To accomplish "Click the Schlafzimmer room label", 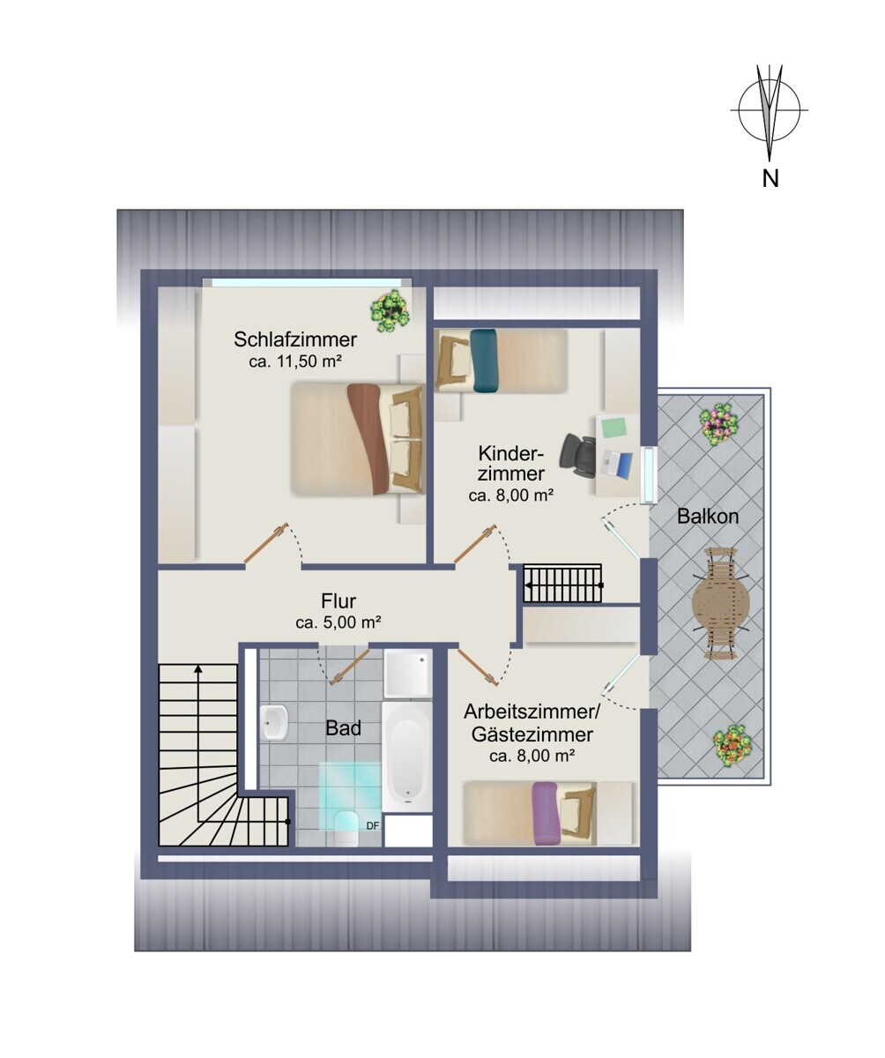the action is tap(295, 339).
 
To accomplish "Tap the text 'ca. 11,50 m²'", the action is tap(295, 361).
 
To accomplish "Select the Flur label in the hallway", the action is tap(338, 601).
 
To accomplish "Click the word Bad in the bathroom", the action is tap(344, 728).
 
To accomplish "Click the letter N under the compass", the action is tap(770, 178).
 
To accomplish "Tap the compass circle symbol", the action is tap(770, 109).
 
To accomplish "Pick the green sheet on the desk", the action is tap(614, 427).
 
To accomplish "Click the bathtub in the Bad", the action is tap(406, 757).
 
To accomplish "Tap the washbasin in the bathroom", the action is tap(275, 724).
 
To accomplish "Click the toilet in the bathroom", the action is tap(347, 828).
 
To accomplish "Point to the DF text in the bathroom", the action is tap(372, 826).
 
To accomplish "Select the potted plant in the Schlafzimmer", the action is tap(390, 310).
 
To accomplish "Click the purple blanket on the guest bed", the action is tap(546, 814).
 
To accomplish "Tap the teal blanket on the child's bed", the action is tap(485, 361).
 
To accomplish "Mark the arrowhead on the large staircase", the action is tap(198, 669).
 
